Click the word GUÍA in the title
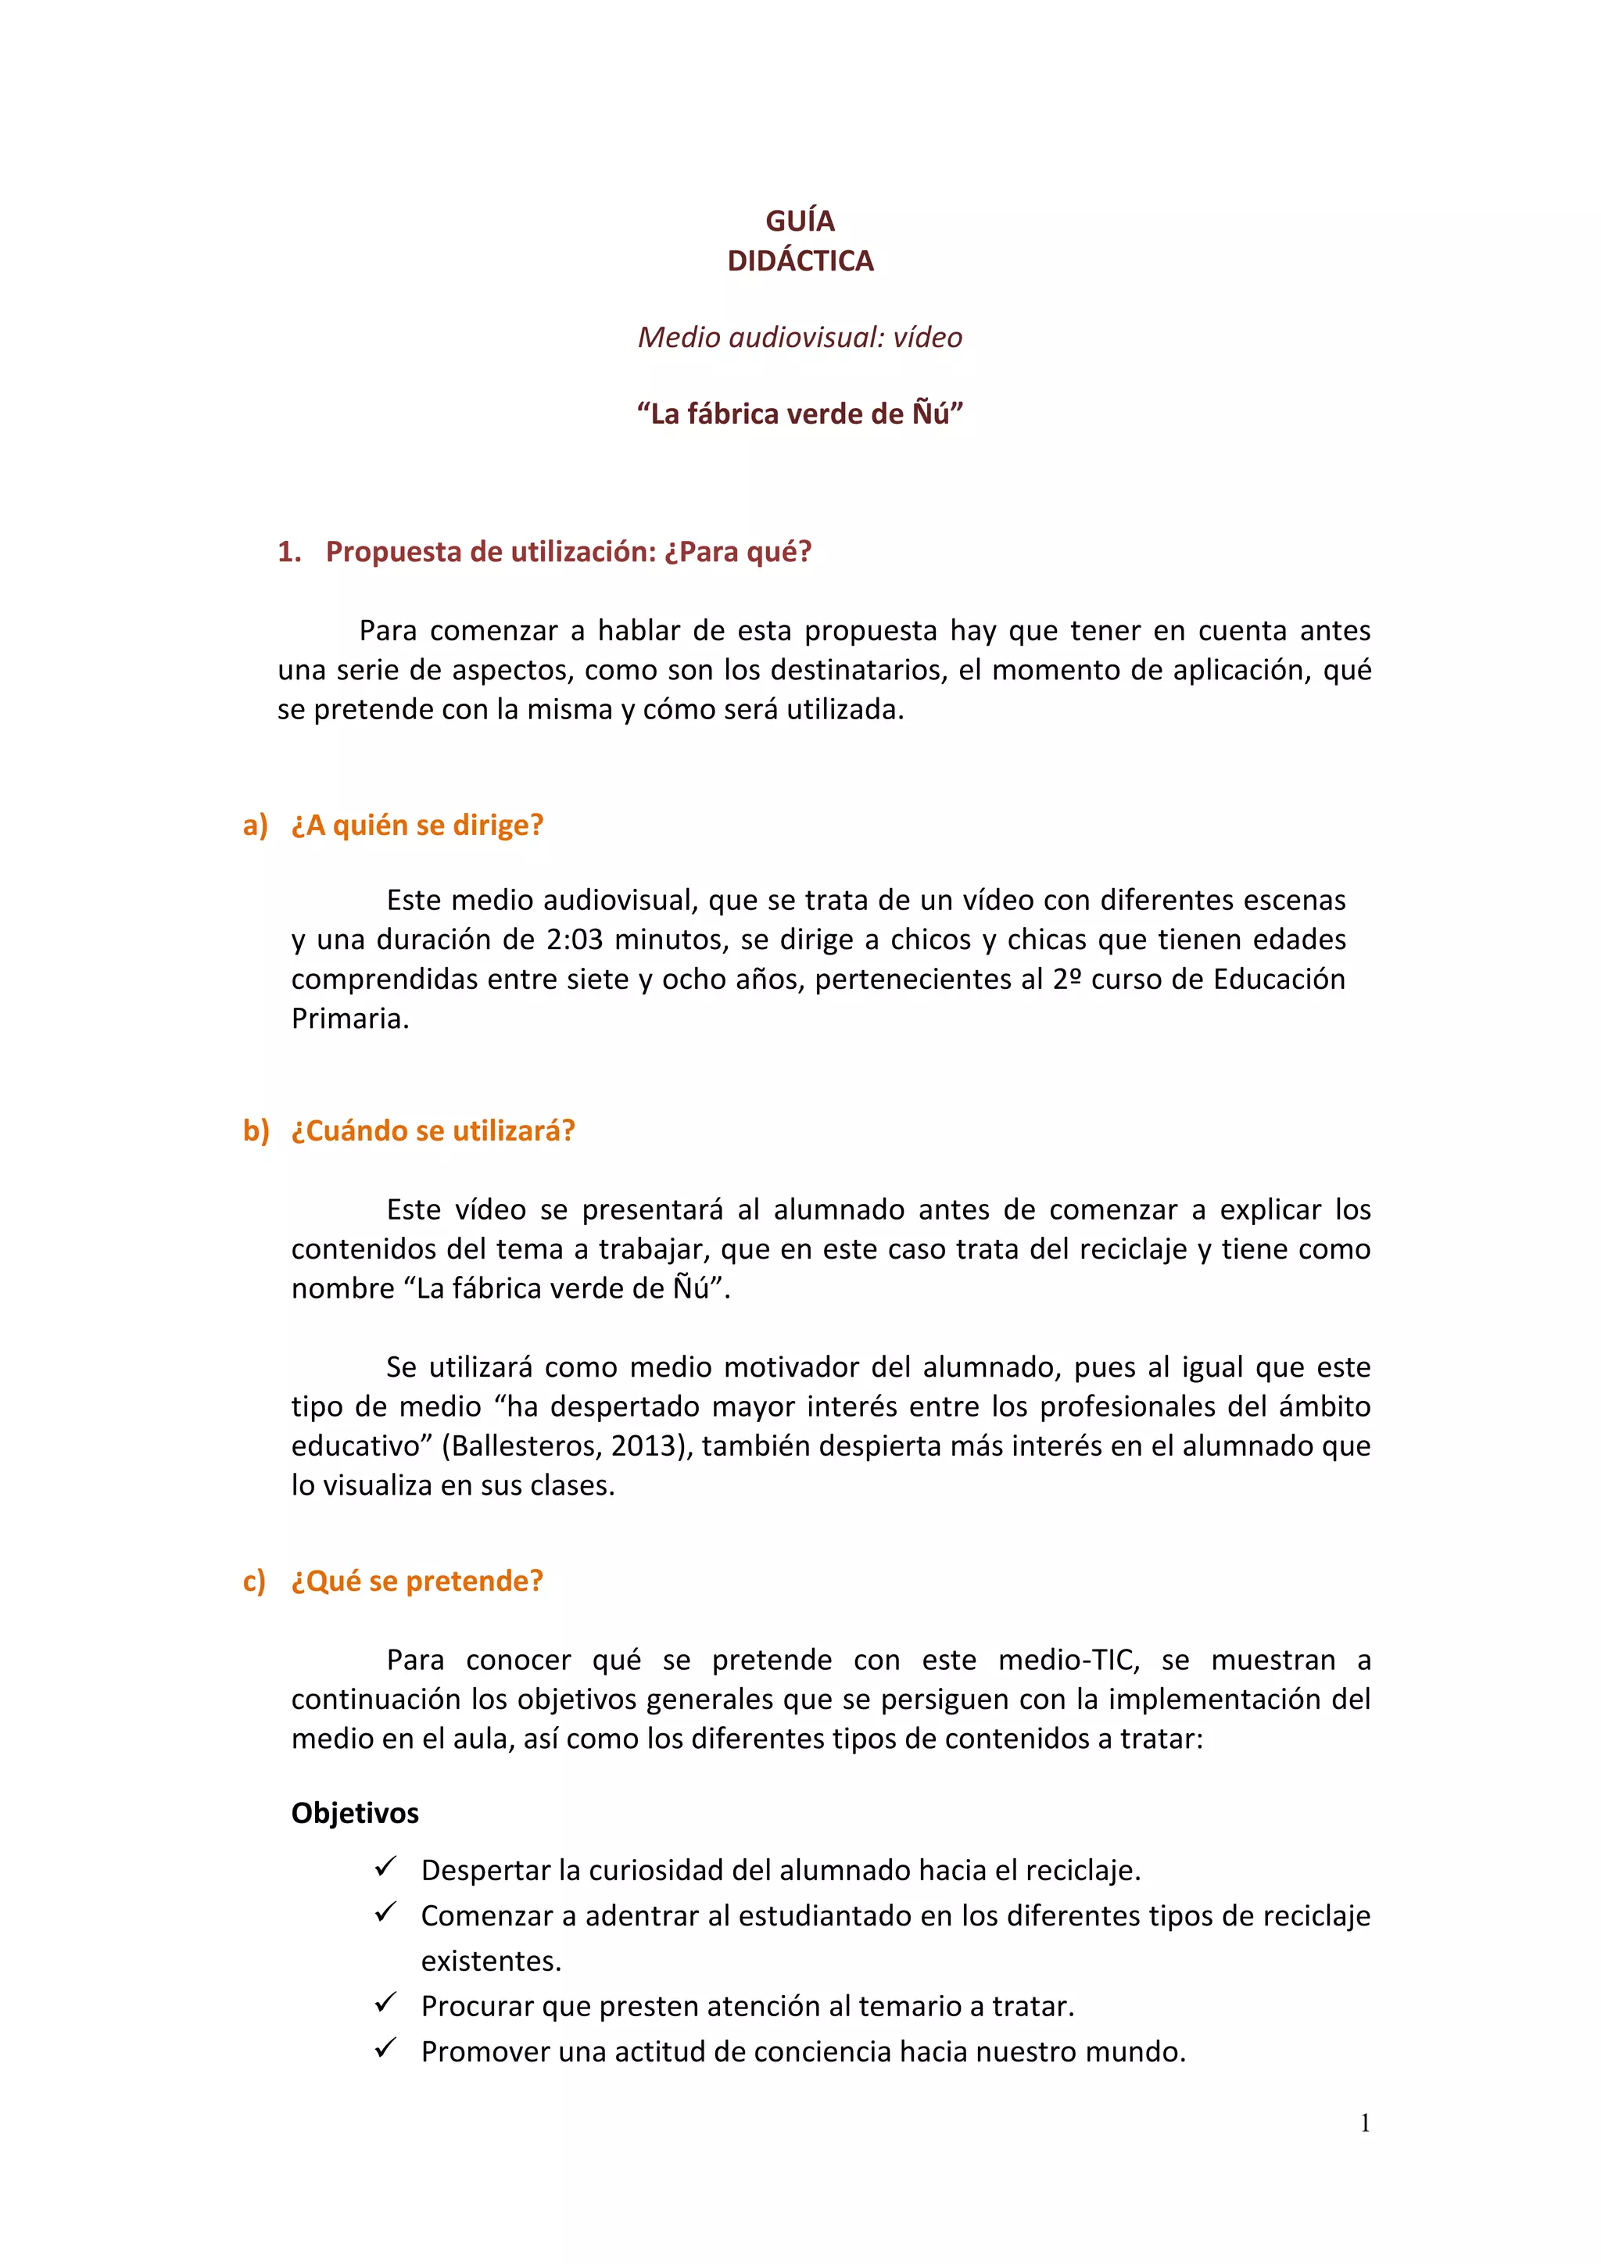[x=800, y=221]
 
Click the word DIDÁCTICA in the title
[x=800, y=261]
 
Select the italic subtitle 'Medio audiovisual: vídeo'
[x=800, y=337]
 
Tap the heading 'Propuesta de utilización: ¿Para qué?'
[x=569, y=552]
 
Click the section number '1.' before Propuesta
[x=288, y=552]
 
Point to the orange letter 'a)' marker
[x=256, y=826]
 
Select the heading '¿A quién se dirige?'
[x=417, y=826]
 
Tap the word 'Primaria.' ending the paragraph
[x=350, y=1019]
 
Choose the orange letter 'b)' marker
[x=256, y=1131]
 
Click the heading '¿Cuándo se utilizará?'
[x=433, y=1131]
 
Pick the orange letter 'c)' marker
[x=254, y=1582]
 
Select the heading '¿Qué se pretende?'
[x=417, y=1582]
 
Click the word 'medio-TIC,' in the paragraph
[x=1069, y=1660]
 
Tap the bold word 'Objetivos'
[x=355, y=1814]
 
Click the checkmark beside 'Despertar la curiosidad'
[x=385, y=1868]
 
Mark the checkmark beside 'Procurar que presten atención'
[x=385, y=2004]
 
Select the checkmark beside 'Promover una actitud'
[x=385, y=2049]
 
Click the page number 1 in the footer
[x=1364, y=2124]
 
